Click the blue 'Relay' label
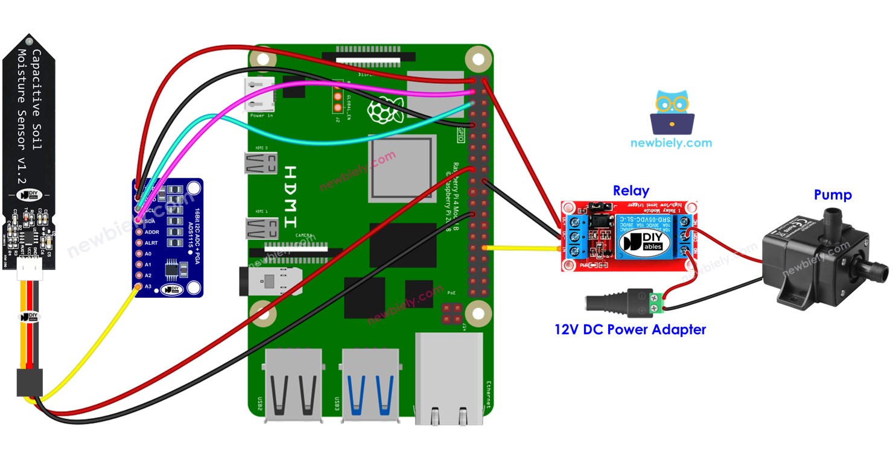(631, 191)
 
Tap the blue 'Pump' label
(833, 195)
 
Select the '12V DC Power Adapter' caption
(630, 330)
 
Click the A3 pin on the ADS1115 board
(138, 286)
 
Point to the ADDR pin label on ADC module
(151, 232)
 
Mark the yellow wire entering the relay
(522, 248)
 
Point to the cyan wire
(302, 141)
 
